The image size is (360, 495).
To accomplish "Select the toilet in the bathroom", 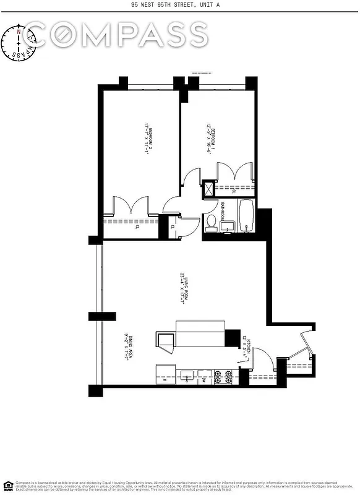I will (212, 223).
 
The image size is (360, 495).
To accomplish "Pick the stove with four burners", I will (223, 376).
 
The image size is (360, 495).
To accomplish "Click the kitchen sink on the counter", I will (187, 376).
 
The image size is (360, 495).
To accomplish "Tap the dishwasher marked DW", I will (204, 379).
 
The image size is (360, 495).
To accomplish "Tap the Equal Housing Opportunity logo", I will (8, 484).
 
